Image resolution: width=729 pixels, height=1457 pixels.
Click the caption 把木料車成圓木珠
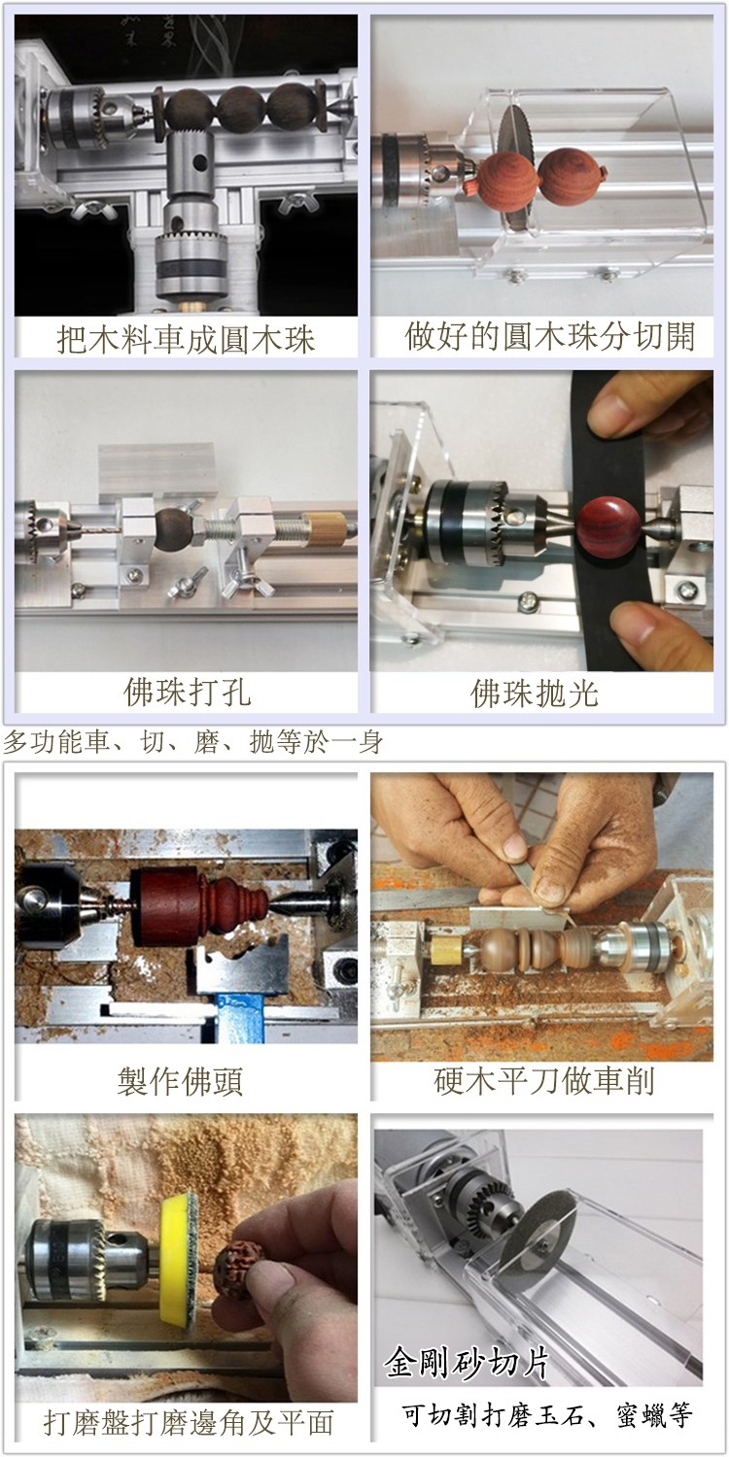[x=187, y=339]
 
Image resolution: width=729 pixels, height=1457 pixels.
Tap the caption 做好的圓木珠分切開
[x=550, y=336]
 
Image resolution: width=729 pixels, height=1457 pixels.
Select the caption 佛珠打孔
[x=187, y=692]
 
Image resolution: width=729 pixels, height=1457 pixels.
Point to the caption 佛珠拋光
[x=535, y=694]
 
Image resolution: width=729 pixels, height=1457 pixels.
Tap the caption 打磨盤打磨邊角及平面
[x=189, y=1423]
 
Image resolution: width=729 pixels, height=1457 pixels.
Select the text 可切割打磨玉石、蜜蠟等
[x=546, y=1414]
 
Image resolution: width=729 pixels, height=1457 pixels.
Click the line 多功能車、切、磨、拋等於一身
[x=193, y=741]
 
